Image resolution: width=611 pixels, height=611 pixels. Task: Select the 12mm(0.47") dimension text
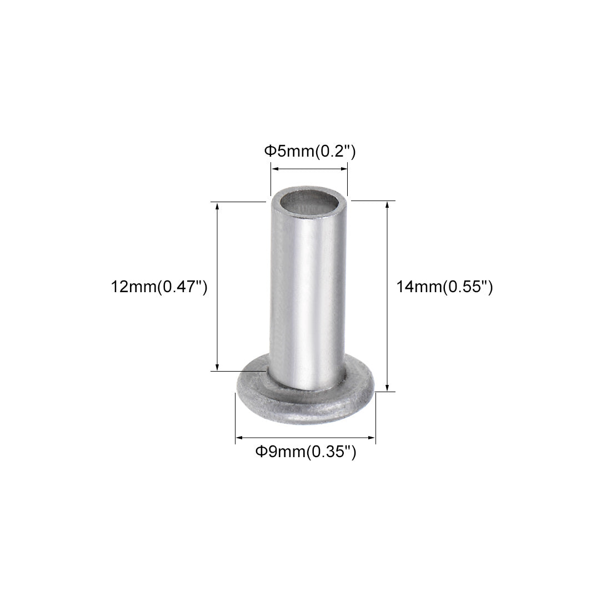[x=159, y=287]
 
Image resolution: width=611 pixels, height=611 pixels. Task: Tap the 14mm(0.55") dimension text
[x=444, y=287]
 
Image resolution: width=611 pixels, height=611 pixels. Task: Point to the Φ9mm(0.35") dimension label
[x=305, y=452]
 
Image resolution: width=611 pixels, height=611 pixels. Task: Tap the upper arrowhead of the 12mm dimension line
[x=217, y=206]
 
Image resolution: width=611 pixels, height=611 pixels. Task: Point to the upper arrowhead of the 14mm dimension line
[x=387, y=205]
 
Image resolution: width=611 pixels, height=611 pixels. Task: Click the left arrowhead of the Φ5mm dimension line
[x=274, y=169]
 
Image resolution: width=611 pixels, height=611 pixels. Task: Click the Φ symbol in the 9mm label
[x=259, y=452]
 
